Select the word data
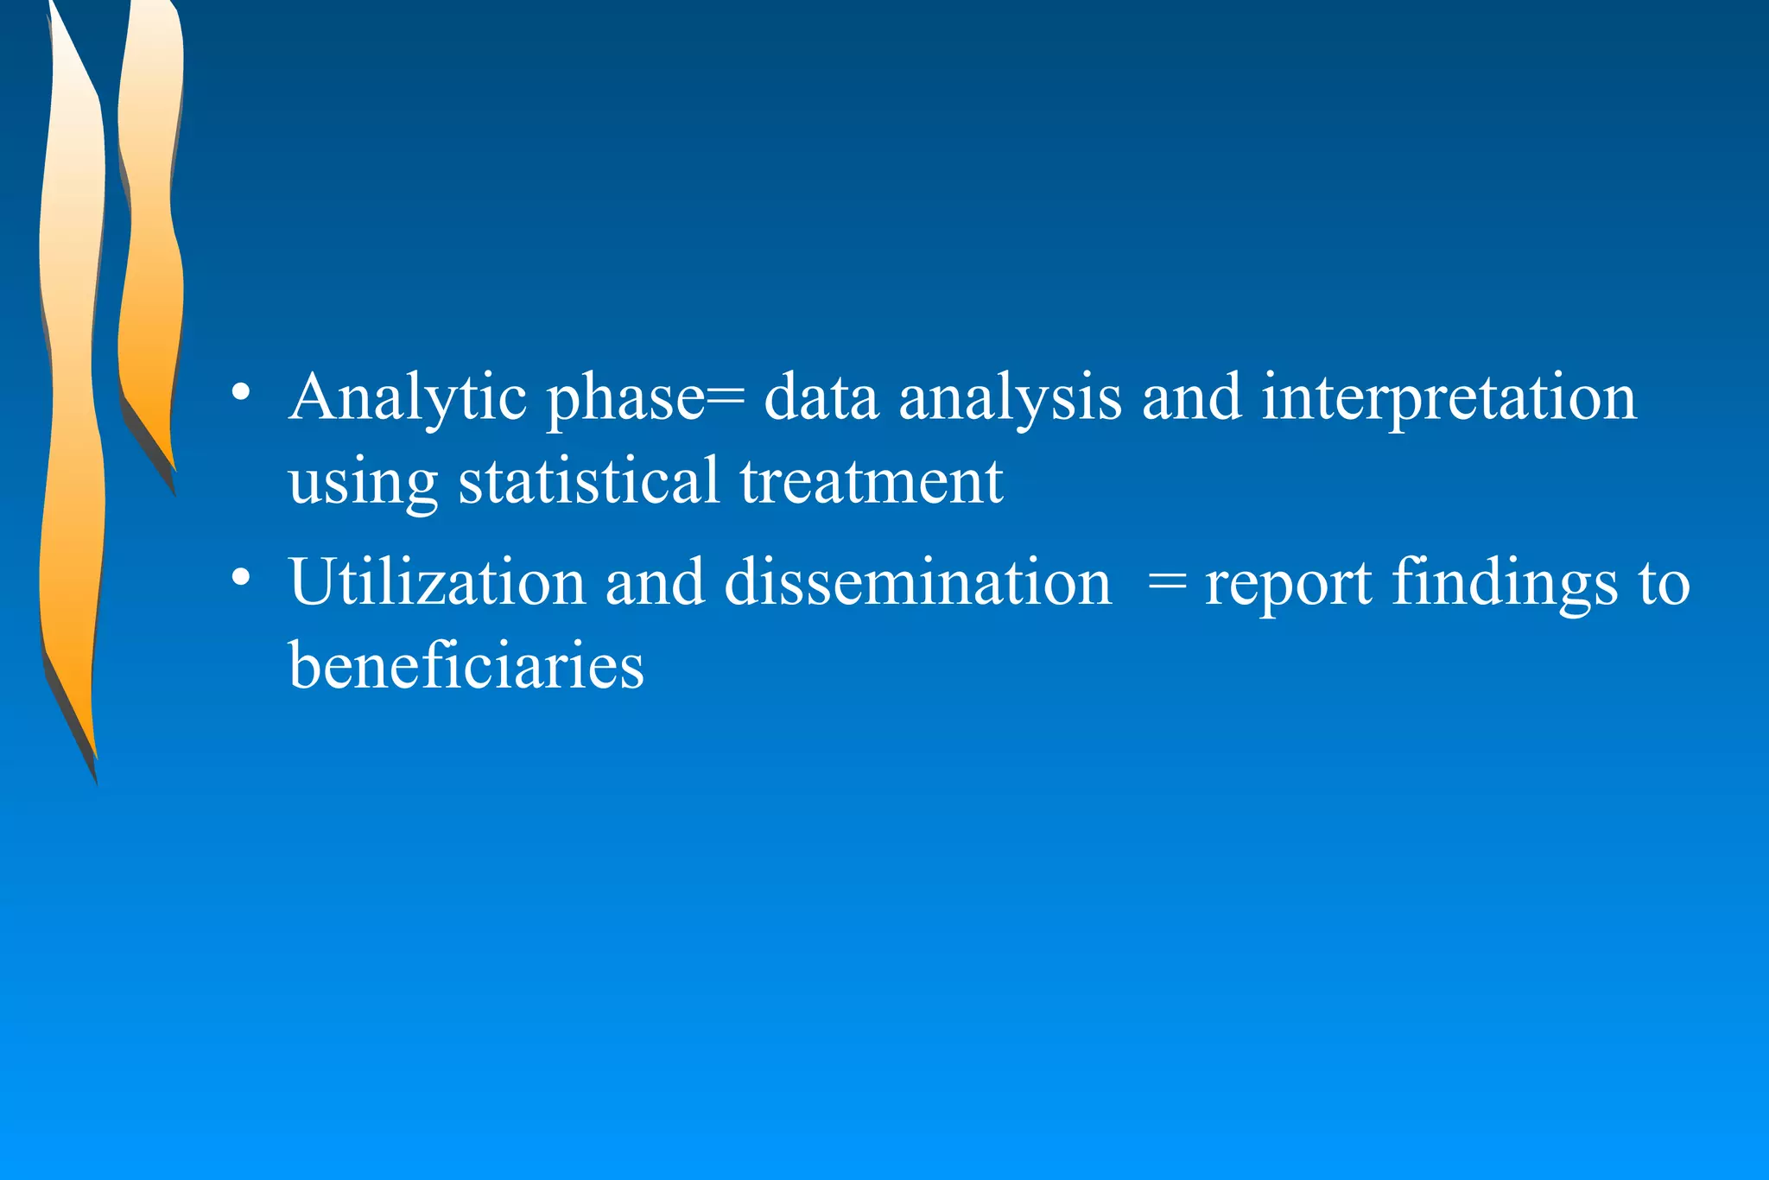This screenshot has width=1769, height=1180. (821, 398)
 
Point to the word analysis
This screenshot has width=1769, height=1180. (1010, 398)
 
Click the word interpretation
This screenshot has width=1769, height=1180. (1449, 398)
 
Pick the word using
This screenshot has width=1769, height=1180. (363, 482)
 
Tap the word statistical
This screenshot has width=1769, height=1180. (588, 480)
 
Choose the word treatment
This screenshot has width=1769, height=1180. (871, 480)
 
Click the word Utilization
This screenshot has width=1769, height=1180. (437, 582)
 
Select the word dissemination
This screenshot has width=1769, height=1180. (917, 582)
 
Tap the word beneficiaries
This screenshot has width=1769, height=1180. (466, 666)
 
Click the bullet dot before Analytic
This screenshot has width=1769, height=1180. (242, 393)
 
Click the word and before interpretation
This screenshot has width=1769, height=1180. (1191, 398)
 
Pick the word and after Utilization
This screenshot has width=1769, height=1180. (655, 582)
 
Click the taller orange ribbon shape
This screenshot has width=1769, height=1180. (72, 389)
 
